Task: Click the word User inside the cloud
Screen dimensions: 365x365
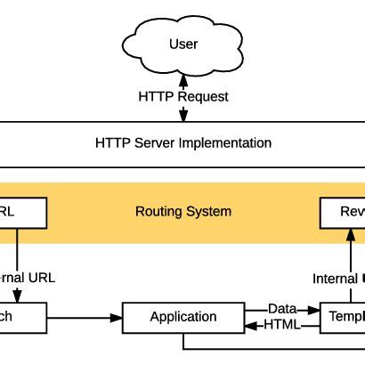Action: tap(182, 45)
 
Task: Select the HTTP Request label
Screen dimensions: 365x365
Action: tap(182, 96)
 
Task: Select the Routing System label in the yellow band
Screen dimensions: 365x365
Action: tap(182, 212)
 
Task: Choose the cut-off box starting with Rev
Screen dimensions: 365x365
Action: tap(343, 212)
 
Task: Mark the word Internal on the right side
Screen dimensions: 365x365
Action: tap(335, 279)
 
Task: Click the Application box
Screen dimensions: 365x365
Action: tap(182, 317)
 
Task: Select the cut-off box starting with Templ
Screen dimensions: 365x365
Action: tap(343, 317)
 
